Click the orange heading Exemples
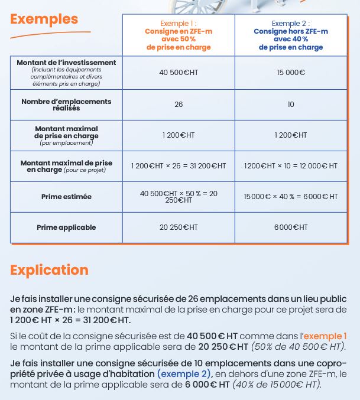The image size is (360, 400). (x=44, y=19)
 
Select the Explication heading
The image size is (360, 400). (x=49, y=270)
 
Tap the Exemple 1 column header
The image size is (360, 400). (x=178, y=35)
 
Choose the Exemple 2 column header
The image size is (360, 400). (x=290, y=35)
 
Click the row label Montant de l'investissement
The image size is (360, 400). (x=66, y=63)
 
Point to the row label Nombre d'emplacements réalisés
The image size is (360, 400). (x=66, y=105)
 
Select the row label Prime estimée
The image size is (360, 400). (x=66, y=197)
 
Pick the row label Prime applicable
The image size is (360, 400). (x=66, y=227)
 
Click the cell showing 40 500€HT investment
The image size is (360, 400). (x=178, y=73)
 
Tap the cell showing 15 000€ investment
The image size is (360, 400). (x=290, y=73)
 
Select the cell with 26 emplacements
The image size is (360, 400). (x=178, y=105)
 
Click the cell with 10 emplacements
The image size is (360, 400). (x=290, y=105)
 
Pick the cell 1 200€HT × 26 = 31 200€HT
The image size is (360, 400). (x=178, y=167)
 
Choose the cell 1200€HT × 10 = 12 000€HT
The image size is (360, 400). (x=290, y=167)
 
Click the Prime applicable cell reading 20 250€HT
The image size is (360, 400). (x=178, y=227)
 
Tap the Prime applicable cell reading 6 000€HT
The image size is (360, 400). (x=290, y=227)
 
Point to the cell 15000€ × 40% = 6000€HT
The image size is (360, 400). (x=290, y=197)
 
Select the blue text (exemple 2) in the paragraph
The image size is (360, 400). (x=184, y=374)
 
